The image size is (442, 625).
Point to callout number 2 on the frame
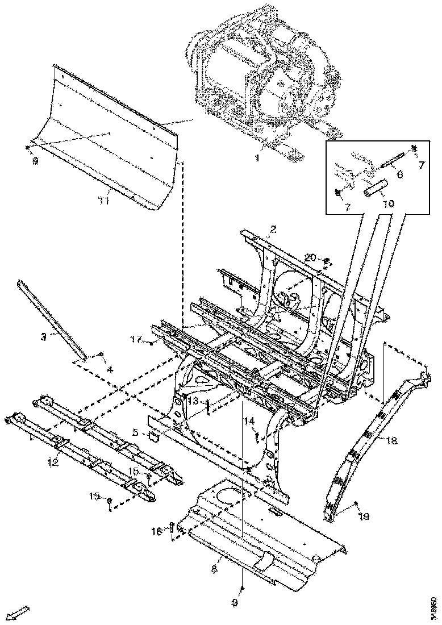click(273, 229)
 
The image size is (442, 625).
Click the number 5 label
click(135, 432)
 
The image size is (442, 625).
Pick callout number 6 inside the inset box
click(399, 174)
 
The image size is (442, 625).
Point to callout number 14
click(249, 421)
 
